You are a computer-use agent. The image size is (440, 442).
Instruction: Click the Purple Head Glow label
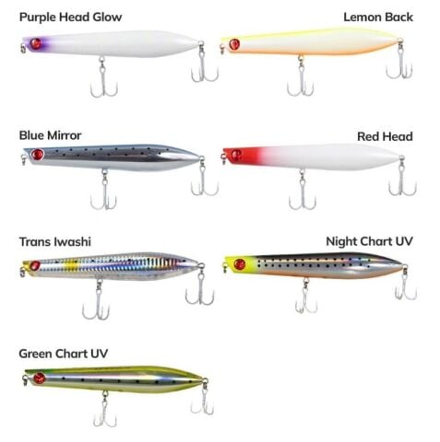click(x=70, y=17)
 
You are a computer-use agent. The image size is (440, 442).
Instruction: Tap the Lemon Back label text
click(x=378, y=17)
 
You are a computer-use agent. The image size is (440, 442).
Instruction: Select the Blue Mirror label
click(x=50, y=135)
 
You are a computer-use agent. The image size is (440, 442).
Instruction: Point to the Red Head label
click(x=385, y=136)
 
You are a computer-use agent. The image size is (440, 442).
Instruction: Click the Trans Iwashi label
click(x=54, y=241)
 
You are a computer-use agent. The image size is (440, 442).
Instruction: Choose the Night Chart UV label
click(x=369, y=241)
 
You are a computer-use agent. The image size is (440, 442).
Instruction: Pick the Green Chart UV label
click(x=63, y=354)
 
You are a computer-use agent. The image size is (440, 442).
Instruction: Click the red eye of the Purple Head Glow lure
click(x=36, y=43)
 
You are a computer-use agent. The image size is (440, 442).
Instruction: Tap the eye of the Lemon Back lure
click(x=234, y=44)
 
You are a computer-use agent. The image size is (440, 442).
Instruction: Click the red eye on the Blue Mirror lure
click(x=37, y=154)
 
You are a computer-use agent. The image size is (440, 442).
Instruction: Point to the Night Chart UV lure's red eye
click(x=239, y=263)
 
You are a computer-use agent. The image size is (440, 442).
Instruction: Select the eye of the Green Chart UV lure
click(x=39, y=378)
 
